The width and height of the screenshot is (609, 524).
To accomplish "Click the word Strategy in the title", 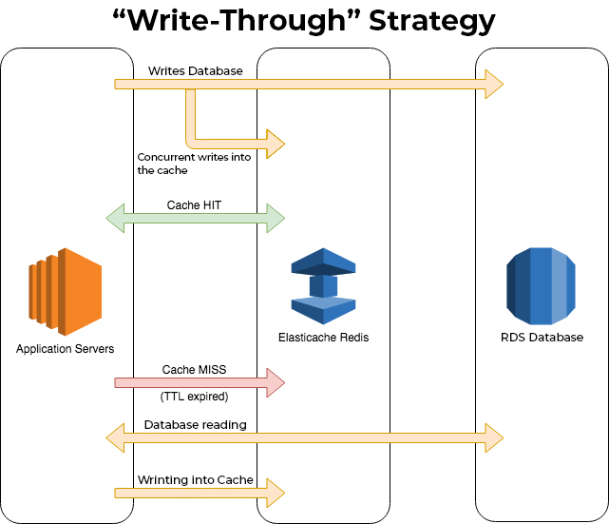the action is pyautogui.click(x=432, y=21).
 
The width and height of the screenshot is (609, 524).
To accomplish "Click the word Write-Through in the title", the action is pyautogui.click(x=237, y=20).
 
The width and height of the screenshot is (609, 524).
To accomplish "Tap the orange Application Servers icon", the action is pyautogui.click(x=66, y=292).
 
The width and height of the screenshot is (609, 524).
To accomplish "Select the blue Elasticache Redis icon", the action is pyautogui.click(x=323, y=286).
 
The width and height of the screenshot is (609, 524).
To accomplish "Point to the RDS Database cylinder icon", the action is pyautogui.click(x=541, y=286).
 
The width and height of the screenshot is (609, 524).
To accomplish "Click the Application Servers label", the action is pyautogui.click(x=66, y=349).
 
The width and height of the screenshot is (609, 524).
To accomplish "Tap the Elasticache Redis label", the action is pyautogui.click(x=324, y=337).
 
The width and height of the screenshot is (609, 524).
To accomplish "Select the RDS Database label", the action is pyautogui.click(x=542, y=337).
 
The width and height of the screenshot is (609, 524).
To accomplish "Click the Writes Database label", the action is pyautogui.click(x=196, y=70).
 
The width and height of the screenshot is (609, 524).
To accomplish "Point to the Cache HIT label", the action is pyautogui.click(x=194, y=204).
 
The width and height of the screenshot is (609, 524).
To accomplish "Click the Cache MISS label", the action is pyautogui.click(x=194, y=369).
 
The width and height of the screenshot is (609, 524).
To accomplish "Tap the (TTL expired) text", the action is pyautogui.click(x=194, y=397).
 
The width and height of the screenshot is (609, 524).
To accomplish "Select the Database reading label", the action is pyautogui.click(x=196, y=424).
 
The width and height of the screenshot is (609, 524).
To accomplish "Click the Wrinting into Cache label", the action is pyautogui.click(x=196, y=479).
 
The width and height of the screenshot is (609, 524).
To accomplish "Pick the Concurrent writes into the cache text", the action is pyautogui.click(x=194, y=164).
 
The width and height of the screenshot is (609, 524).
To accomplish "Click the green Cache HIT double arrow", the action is pyautogui.click(x=196, y=218).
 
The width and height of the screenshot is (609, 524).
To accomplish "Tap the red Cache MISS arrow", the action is pyautogui.click(x=200, y=383).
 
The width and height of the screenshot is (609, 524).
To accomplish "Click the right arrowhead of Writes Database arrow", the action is pyautogui.click(x=495, y=84).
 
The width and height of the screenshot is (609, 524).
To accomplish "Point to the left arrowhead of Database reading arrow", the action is pyautogui.click(x=115, y=438).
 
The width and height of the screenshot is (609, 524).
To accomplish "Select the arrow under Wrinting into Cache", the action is pyautogui.click(x=200, y=493).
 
